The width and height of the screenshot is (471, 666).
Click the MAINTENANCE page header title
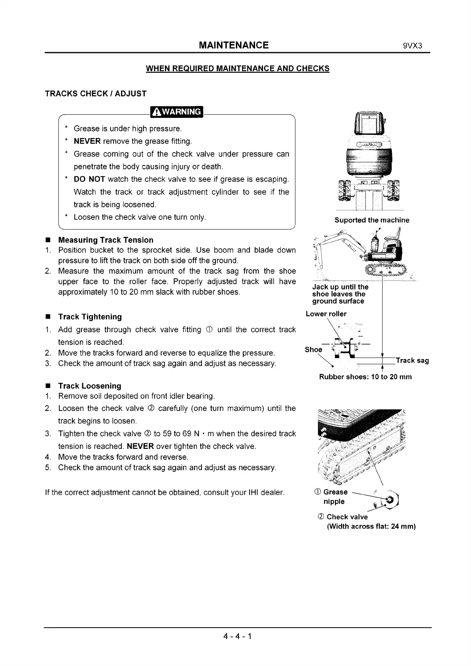234,45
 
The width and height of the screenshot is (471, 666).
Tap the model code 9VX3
413,45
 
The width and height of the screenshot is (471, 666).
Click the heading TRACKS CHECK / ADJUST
96,94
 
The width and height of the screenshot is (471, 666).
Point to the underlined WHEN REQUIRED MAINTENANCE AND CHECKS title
238,68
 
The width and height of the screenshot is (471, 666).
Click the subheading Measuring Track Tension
106,240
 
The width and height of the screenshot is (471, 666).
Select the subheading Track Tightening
90,317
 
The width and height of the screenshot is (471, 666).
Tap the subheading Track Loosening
89,386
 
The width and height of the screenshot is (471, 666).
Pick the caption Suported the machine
372,220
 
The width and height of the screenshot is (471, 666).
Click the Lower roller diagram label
326,314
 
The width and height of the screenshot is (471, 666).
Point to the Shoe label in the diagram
313,350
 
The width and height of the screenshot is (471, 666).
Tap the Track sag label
412,360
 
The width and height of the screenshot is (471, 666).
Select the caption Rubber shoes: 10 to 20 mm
365,377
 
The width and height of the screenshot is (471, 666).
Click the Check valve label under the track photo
347,517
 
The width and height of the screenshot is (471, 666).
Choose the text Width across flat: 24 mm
371,526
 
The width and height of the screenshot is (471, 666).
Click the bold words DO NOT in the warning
89,179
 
